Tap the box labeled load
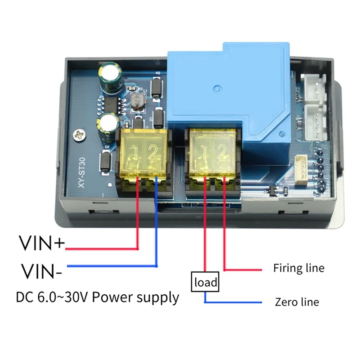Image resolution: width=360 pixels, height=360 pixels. point(205,283)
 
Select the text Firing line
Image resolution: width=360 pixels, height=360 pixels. point(298,268)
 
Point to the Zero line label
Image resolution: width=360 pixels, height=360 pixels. point(297,302)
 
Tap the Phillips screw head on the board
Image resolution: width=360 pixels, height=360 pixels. point(81,134)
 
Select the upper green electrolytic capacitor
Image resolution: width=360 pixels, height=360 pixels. point(110,76)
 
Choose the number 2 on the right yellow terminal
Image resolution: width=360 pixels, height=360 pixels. point(222,153)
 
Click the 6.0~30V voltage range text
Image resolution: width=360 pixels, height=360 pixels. point(64,297)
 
